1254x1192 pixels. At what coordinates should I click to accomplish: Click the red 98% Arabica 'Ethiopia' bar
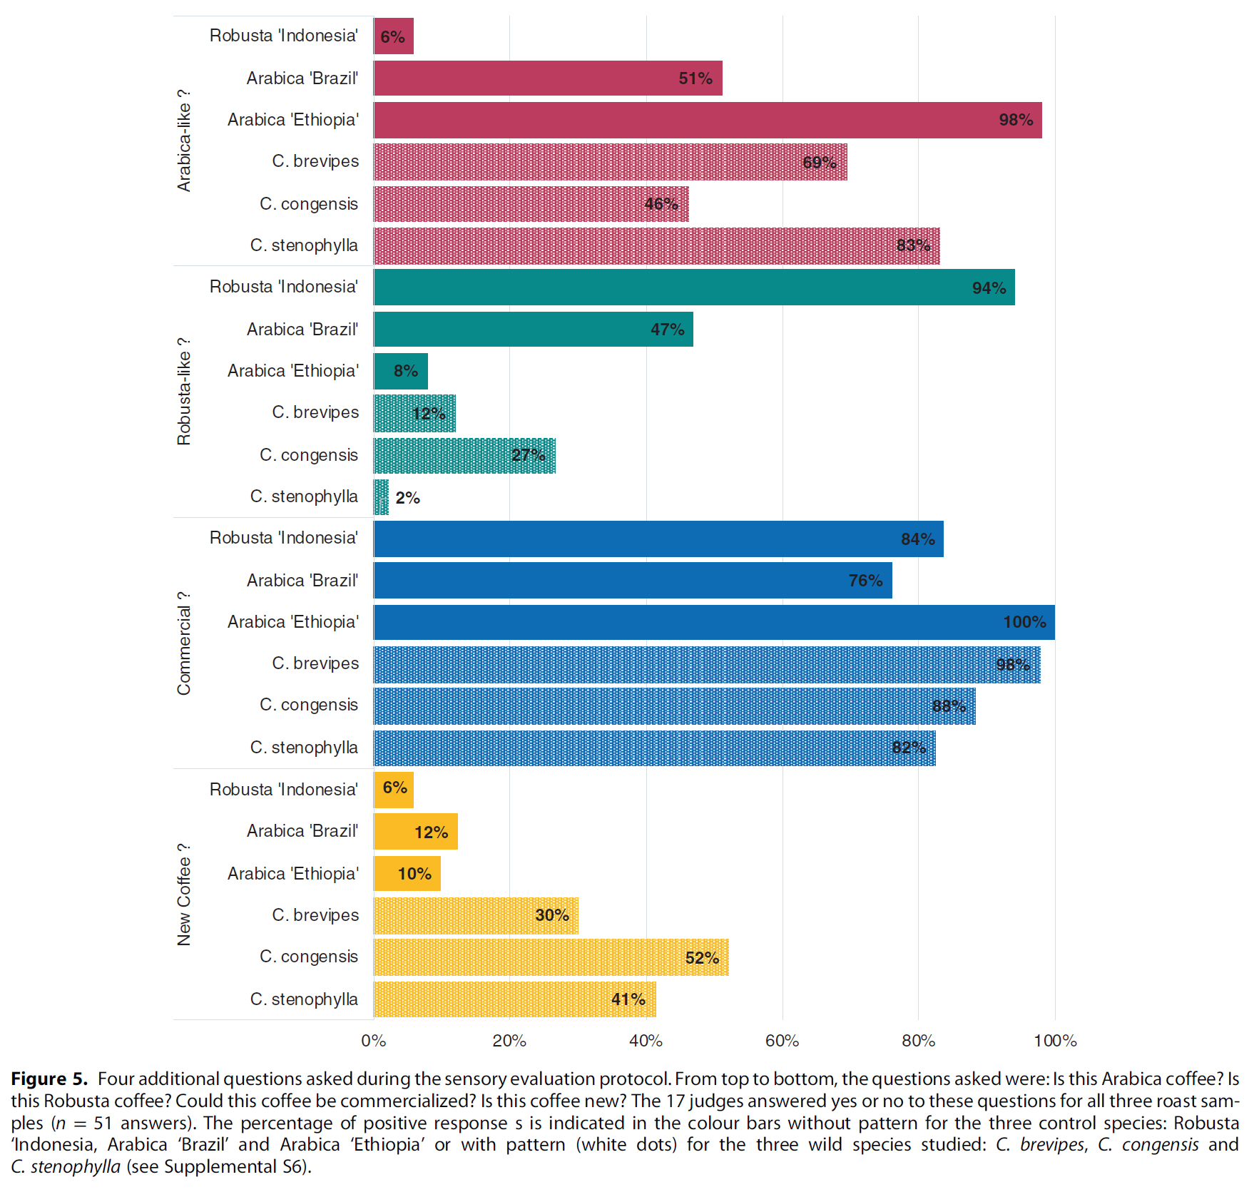[x=706, y=120]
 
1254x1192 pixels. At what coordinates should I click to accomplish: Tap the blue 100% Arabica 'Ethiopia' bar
[x=713, y=622]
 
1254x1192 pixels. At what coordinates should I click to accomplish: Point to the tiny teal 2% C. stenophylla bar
[x=381, y=497]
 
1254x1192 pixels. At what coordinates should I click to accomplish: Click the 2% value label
[x=407, y=498]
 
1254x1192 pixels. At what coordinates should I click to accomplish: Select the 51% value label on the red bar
[x=695, y=78]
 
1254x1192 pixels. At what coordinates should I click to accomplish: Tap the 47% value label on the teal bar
[x=667, y=330]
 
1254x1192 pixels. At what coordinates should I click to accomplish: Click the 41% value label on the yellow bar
[x=628, y=999]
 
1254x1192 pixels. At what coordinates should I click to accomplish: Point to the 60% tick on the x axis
[x=782, y=1041]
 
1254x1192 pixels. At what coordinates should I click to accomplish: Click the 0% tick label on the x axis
[x=373, y=1041]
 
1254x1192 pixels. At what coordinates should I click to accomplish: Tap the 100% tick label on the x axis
[x=1055, y=1041]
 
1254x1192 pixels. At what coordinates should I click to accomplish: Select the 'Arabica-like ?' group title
[x=184, y=141]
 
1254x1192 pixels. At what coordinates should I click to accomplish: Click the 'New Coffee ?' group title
[x=184, y=895]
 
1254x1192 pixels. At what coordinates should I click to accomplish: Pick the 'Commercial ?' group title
[x=184, y=643]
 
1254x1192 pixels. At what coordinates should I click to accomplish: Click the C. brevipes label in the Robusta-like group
[x=315, y=412]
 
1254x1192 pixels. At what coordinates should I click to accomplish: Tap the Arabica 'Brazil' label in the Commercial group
[x=302, y=581]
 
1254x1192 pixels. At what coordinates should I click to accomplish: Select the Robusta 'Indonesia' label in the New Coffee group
[x=283, y=790]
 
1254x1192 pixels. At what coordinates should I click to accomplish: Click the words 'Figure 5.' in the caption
[x=49, y=1079]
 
